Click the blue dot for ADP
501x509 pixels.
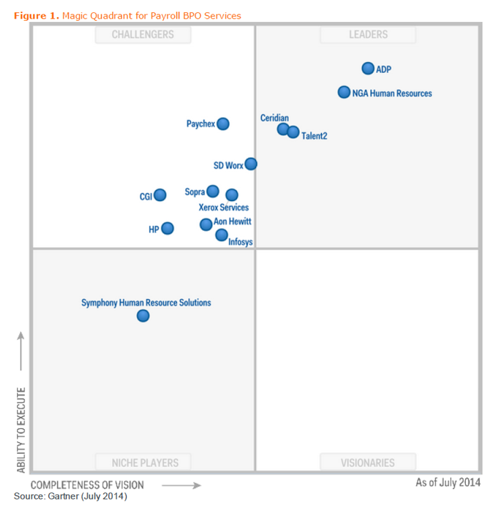[368, 68]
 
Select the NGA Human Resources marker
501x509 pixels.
[344, 92]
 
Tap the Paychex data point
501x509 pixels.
[223, 124]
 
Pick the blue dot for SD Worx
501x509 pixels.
[251, 164]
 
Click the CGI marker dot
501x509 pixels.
[160, 195]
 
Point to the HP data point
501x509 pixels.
[167, 228]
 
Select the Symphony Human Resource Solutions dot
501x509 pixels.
[143, 315]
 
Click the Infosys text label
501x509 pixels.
[241, 242]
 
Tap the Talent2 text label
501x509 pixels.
[314, 136]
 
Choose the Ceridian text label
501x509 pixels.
[274, 118]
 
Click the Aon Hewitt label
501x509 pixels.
[232, 222]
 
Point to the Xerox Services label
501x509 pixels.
[224, 207]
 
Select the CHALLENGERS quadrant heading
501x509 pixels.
[143, 34]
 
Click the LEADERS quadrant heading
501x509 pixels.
[368, 34]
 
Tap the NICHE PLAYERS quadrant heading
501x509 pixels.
[145, 463]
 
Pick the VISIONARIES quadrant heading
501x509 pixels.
[367, 463]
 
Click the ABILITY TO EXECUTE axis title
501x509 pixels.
[21, 430]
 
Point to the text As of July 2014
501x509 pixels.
[448, 482]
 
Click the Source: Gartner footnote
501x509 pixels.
[70, 496]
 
